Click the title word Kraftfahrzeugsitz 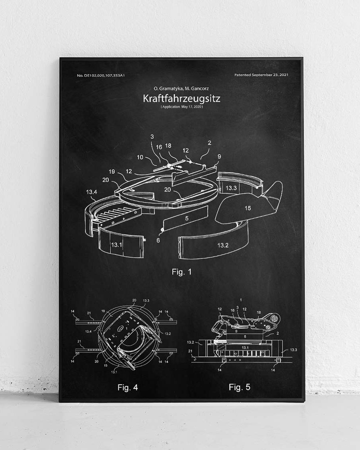point(181,98)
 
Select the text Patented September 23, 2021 point(261,75)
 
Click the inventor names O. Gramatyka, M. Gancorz point(181,88)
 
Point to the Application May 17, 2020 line point(181,107)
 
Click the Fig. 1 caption point(182,272)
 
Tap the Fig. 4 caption point(128,387)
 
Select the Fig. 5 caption point(239,387)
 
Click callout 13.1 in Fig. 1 point(116,244)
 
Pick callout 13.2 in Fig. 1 point(223,245)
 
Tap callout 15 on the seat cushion point(248,208)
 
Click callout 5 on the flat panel point(186,218)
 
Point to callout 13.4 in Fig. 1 point(92,192)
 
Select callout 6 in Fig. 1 point(158,240)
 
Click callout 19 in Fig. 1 point(112,172)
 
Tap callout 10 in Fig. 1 point(140,157)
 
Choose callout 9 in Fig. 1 point(219,156)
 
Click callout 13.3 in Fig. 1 point(231,188)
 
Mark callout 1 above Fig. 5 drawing point(240,299)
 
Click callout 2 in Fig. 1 point(210,143)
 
